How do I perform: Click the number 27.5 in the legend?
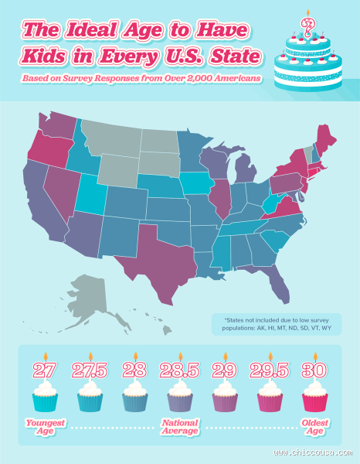pos(90,370)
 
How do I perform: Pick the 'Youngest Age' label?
pos(45,427)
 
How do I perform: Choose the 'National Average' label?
pos(179,427)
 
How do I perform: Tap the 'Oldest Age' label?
pos(314,427)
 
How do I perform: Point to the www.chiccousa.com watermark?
pos(309,453)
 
